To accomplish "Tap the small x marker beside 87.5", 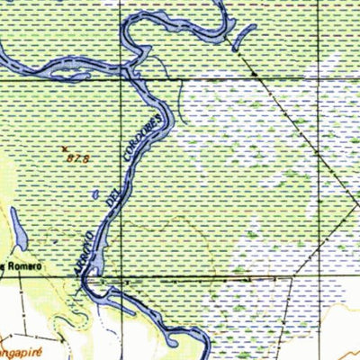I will pos(64,148).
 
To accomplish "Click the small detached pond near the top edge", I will pos(242,37).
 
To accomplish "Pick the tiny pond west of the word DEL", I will pos(95,193).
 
